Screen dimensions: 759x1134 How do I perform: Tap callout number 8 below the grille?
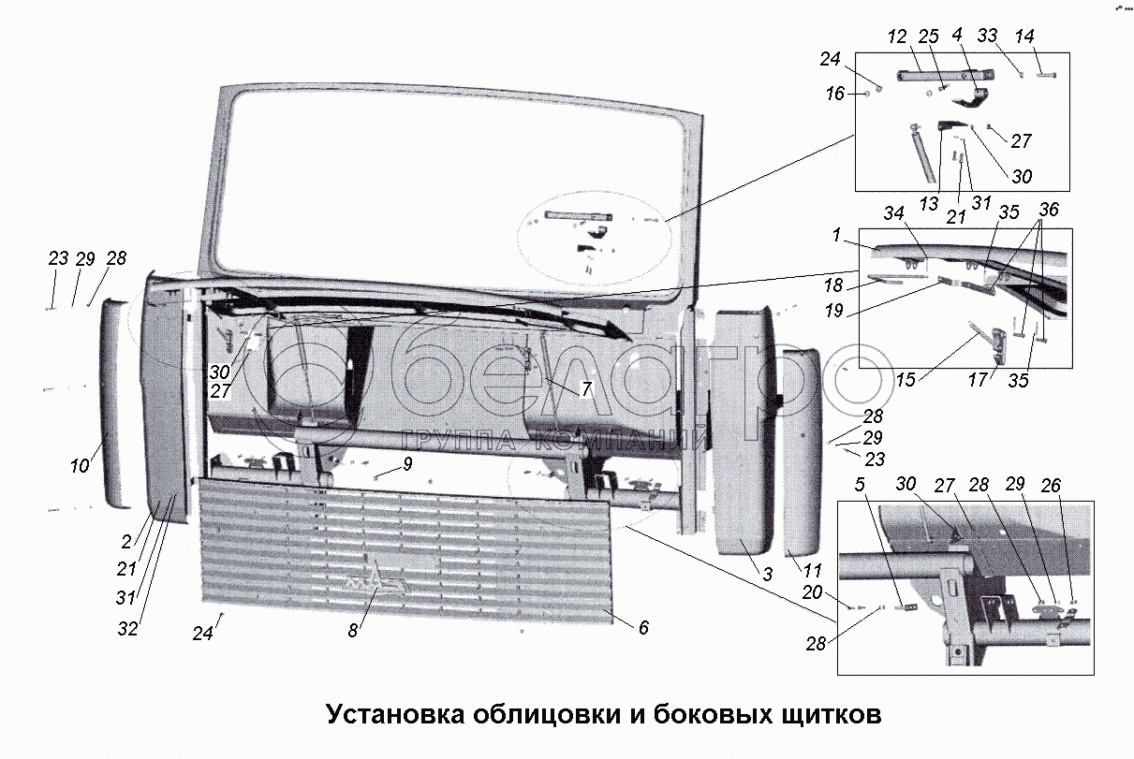[353, 632]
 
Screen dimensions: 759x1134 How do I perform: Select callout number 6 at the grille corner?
[643, 629]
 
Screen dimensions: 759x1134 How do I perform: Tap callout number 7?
[586, 388]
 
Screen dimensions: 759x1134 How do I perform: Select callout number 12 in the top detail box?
[897, 37]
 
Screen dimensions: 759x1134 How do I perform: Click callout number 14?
[1024, 37]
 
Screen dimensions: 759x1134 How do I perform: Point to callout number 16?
[835, 94]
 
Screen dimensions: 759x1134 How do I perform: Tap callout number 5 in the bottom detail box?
[861, 485]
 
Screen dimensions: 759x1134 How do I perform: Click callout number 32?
[127, 629]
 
